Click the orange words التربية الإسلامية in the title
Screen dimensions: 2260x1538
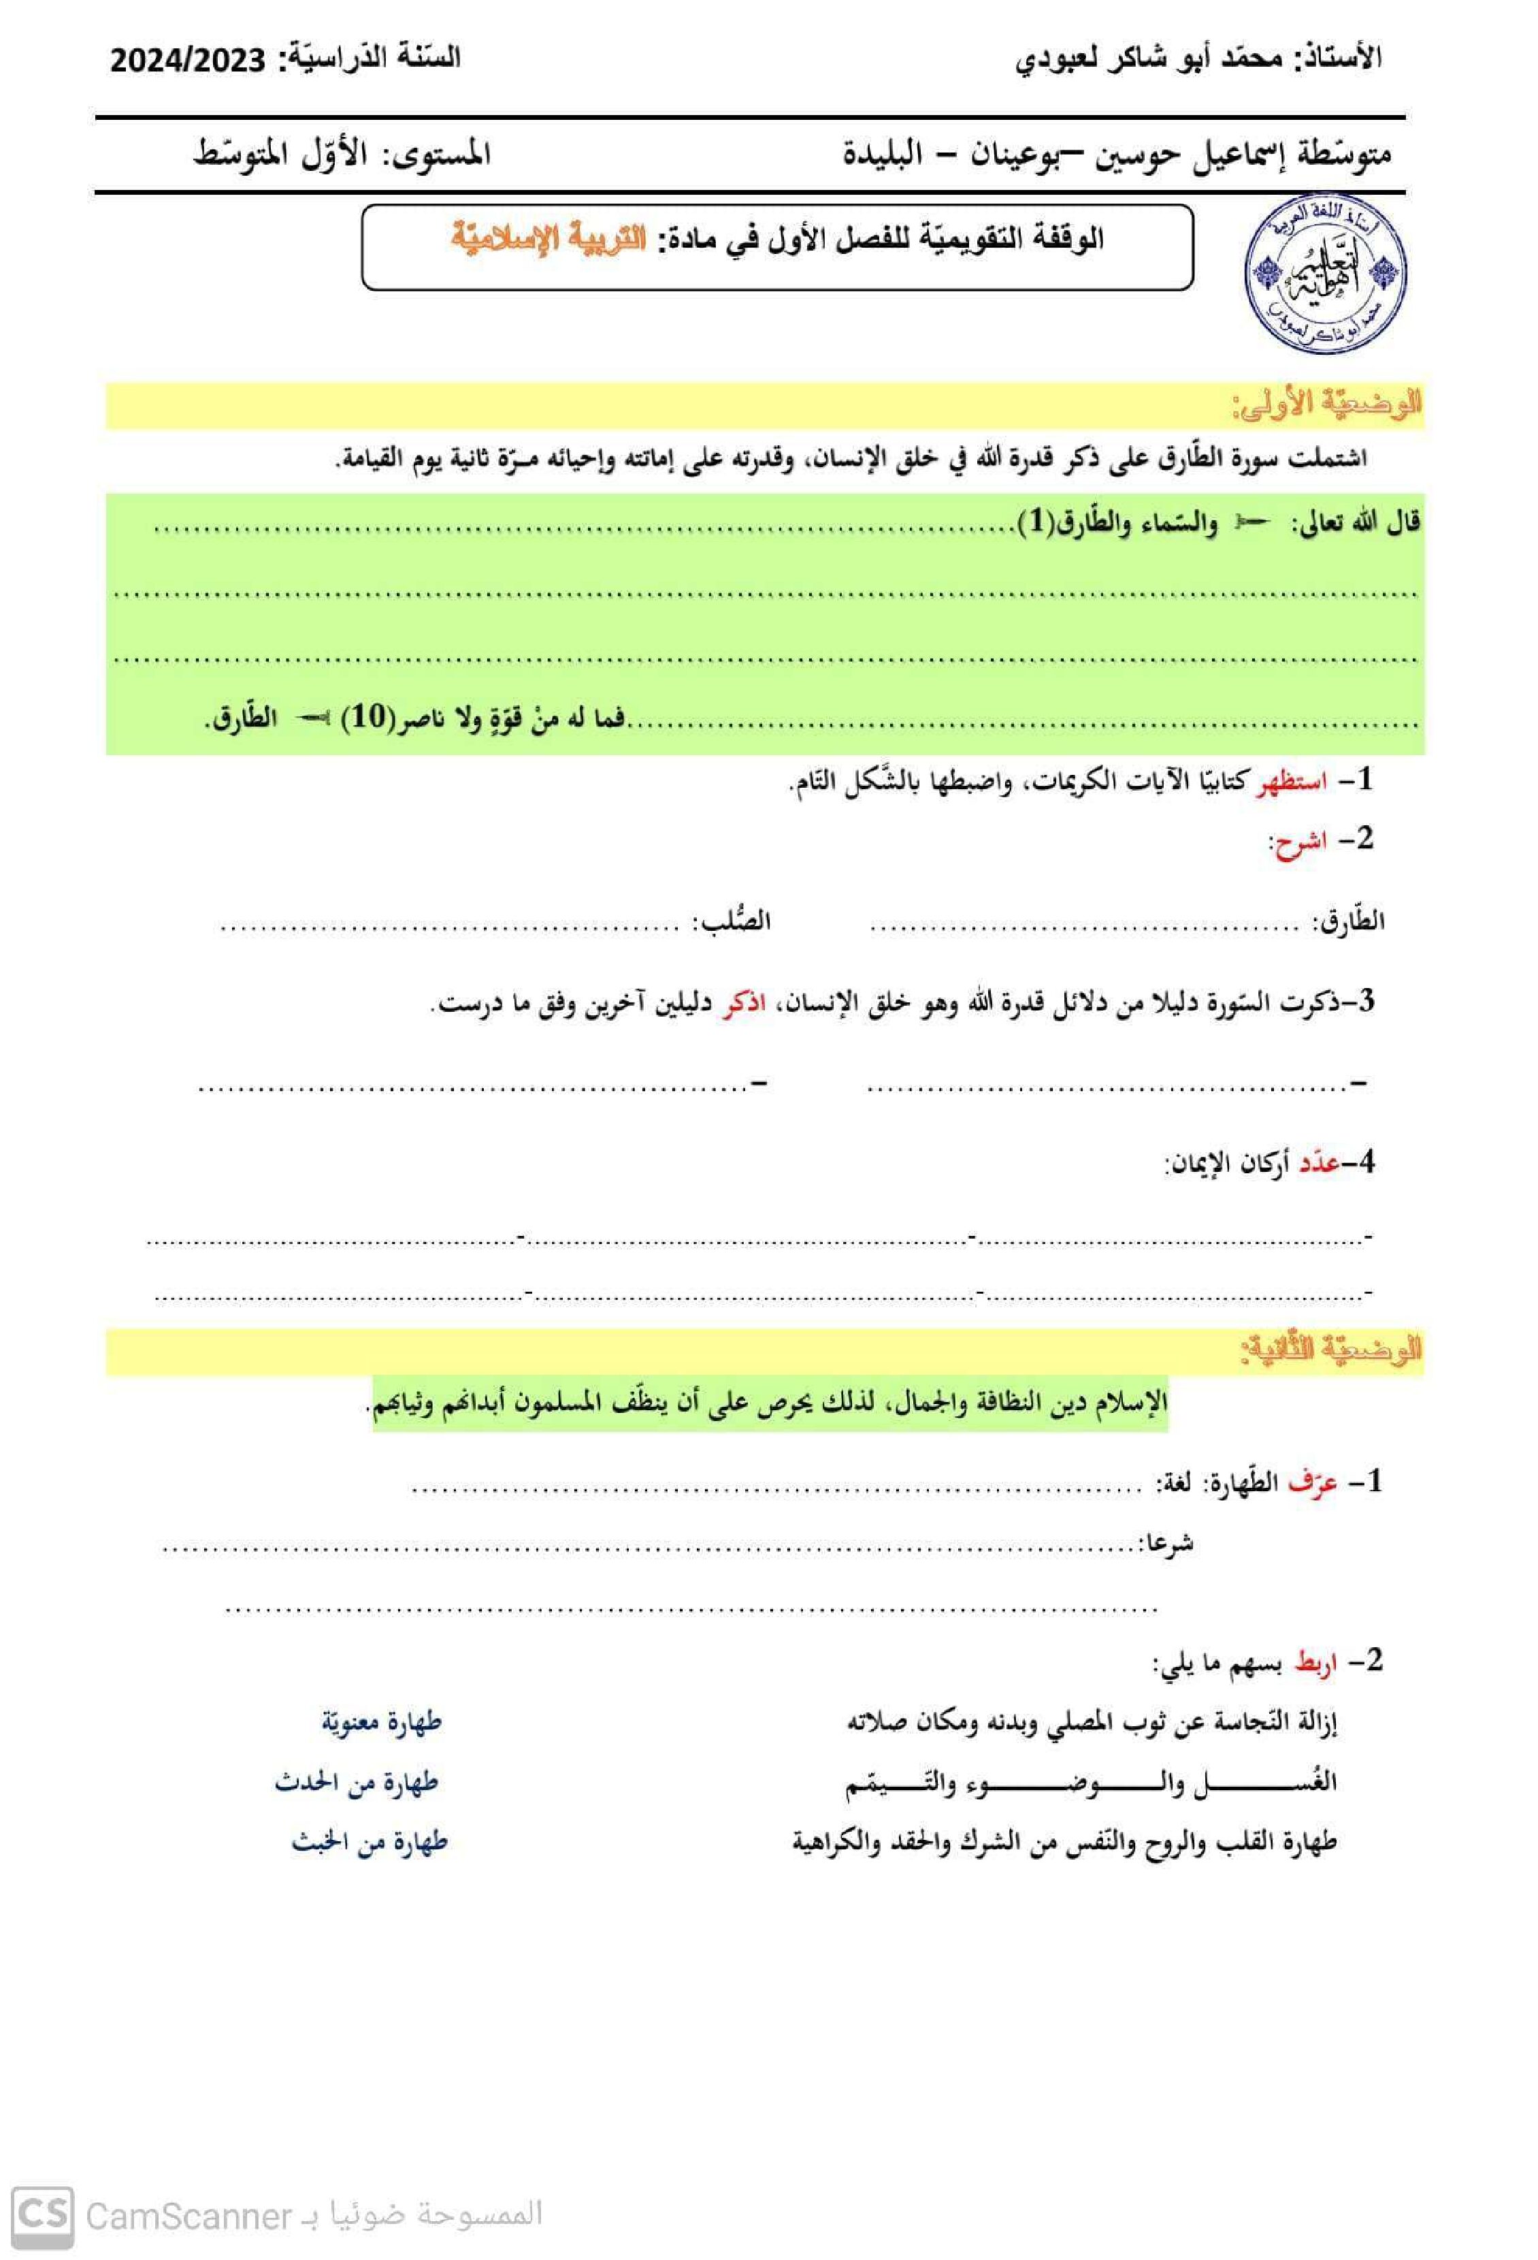click(x=549, y=238)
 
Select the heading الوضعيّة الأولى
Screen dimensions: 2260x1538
click(x=1326, y=404)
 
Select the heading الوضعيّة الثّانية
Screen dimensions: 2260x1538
click(x=1330, y=1349)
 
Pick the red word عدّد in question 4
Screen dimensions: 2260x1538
click(x=1320, y=1163)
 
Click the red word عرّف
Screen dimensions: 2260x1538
click(x=1313, y=1482)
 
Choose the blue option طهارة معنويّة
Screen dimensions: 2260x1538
click(x=381, y=1722)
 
